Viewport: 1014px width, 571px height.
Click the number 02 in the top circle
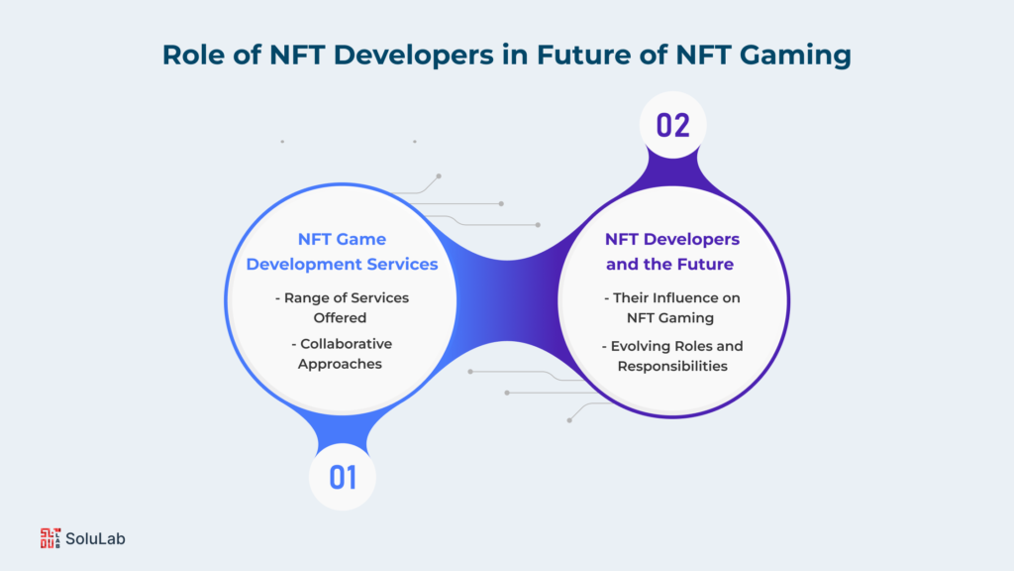(672, 125)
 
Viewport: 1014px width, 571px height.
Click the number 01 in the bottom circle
(342, 478)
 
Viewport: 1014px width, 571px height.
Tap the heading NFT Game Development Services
(342, 251)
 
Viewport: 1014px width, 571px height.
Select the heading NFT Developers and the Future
(672, 251)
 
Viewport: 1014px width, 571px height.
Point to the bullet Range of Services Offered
(342, 307)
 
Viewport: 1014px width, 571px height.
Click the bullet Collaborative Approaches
(342, 354)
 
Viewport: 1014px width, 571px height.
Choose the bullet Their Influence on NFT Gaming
(671, 307)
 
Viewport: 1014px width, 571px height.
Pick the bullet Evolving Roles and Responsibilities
(672, 356)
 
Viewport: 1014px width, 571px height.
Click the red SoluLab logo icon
(50, 538)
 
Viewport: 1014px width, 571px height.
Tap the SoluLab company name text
(95, 538)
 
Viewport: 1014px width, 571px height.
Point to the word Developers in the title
(414, 56)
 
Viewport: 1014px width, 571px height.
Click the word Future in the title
(584, 55)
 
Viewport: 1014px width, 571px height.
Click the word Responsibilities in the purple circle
(672, 367)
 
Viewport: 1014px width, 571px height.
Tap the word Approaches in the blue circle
(340, 365)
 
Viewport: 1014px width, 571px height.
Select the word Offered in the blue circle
(340, 318)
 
